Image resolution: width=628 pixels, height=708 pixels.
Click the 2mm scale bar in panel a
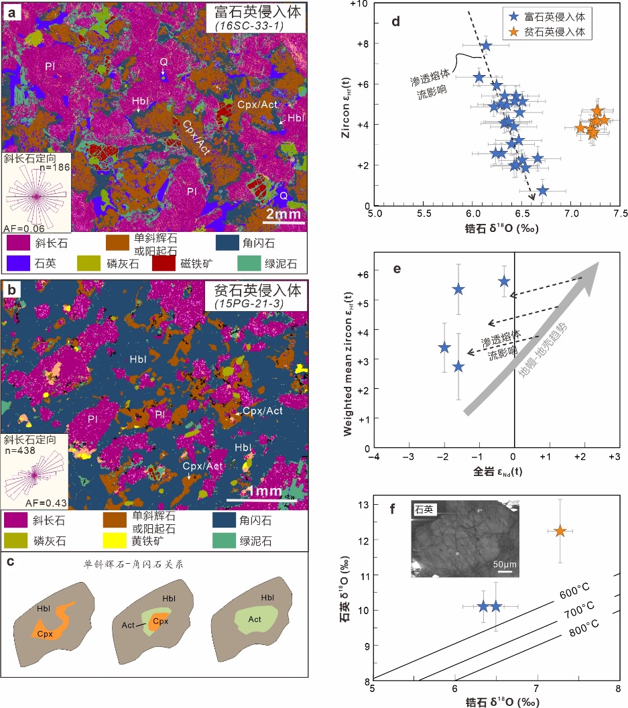282,222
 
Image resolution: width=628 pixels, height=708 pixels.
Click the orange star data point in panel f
560,532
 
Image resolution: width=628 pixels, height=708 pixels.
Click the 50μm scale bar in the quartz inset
505,572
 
